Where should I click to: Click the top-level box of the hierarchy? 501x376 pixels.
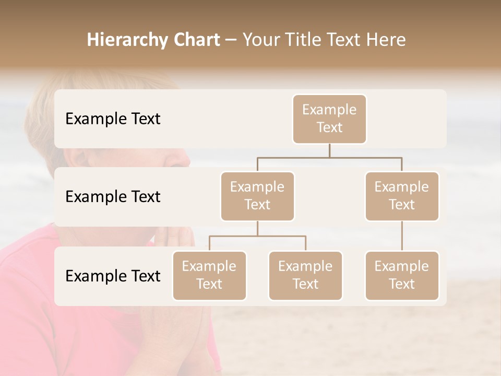[x=329, y=119]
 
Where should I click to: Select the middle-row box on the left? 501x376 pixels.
[x=257, y=196]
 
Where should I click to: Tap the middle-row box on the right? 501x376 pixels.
[x=402, y=196]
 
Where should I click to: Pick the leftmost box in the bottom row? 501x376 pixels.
[x=209, y=276]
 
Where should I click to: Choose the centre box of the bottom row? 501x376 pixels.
[x=305, y=276]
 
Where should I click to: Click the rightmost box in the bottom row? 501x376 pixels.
[x=402, y=276]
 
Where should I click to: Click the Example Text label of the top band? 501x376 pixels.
[x=113, y=119]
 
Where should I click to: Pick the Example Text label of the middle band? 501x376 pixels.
[x=113, y=197]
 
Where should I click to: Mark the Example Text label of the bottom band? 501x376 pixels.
[x=113, y=276]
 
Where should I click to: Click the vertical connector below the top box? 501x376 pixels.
[x=329, y=150]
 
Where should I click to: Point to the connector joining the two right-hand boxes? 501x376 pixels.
[x=402, y=236]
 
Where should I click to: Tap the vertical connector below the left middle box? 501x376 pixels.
[x=257, y=229]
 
